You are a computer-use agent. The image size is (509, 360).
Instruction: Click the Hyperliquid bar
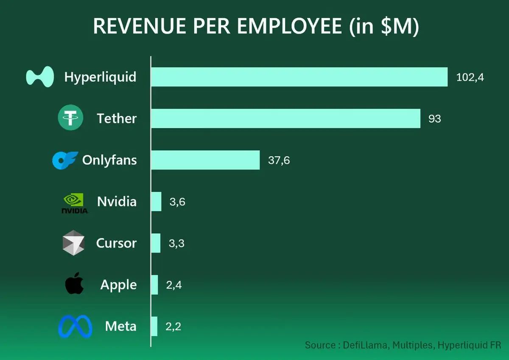[299, 77]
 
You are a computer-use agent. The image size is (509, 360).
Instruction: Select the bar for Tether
[285, 118]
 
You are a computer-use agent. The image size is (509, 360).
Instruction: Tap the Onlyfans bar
[205, 160]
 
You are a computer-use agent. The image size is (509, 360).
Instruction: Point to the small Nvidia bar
[156, 202]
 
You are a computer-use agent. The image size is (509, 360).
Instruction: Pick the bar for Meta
[154, 326]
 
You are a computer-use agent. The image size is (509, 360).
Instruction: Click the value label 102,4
[470, 77]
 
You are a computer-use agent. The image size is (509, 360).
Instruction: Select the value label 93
[435, 119]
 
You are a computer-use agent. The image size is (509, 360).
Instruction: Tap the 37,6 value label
[279, 160]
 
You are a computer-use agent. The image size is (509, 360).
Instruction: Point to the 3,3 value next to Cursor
[176, 244]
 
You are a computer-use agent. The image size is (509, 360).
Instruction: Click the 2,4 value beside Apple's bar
[174, 285]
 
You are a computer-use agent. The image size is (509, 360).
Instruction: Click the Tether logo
[70, 118]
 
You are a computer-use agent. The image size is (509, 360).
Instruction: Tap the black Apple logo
[74, 284]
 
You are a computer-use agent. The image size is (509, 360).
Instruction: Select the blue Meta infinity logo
[75, 326]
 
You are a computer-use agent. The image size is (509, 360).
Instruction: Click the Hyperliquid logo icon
[40, 77]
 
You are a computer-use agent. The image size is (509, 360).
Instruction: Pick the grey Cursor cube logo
[73, 243]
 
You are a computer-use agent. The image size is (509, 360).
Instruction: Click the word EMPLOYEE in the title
[289, 26]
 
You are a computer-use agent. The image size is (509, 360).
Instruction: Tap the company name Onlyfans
[109, 160]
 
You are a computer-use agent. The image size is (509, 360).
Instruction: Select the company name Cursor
[116, 243]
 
